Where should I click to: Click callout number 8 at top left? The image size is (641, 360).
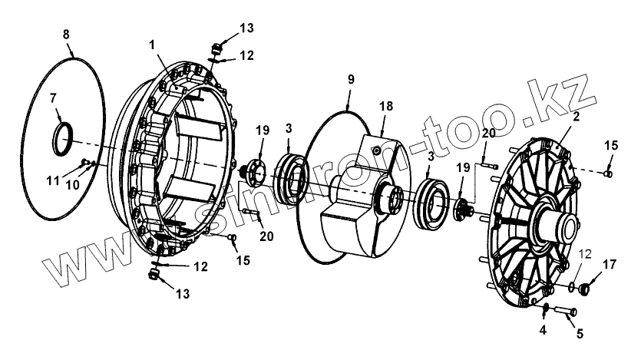pos(66,34)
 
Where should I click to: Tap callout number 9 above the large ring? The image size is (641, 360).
pos(351,80)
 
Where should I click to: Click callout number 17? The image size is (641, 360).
pos(610,265)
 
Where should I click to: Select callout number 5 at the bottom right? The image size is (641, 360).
pos(579,334)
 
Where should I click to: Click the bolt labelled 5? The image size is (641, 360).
pos(566,312)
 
